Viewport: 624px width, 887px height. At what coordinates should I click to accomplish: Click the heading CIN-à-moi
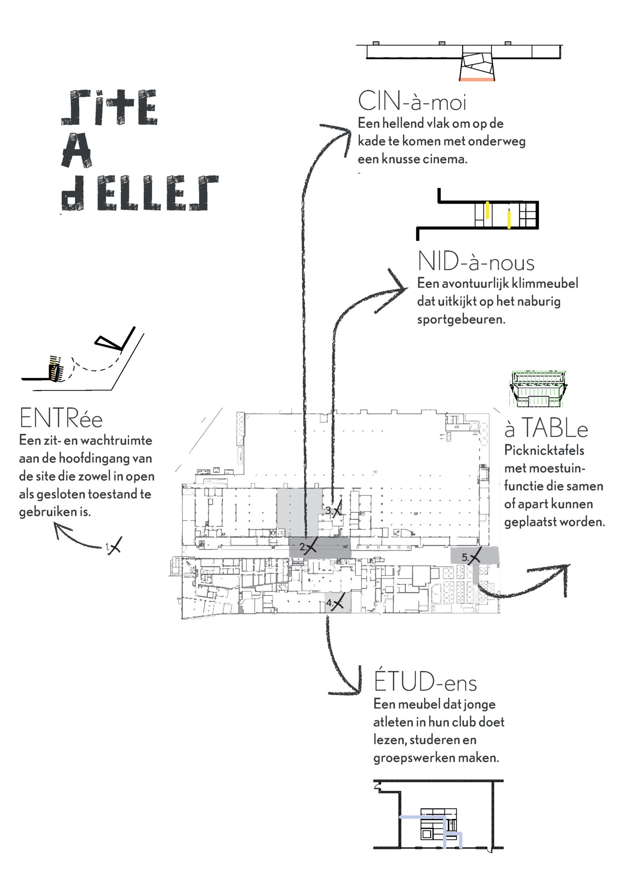pos(412,101)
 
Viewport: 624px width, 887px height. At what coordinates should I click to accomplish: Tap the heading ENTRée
pos(61,419)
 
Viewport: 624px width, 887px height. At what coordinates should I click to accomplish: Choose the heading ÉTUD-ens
pos(425,682)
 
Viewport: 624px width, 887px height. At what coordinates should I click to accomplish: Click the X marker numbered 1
pos(114,546)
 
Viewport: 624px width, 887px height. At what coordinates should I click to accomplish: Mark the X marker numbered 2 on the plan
pos(310,547)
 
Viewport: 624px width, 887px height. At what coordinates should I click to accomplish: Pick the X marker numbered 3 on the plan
pos(336,510)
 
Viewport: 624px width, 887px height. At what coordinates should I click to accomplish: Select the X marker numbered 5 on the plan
pos(474,557)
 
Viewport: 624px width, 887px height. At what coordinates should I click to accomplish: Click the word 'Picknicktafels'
pos(544,450)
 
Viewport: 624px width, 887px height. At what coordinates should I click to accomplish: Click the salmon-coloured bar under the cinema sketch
pos(477,80)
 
